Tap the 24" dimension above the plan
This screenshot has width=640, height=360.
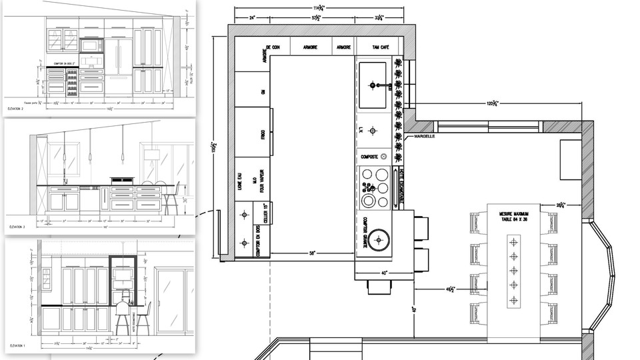(x=253, y=17)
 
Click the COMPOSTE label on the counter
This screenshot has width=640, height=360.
(x=369, y=157)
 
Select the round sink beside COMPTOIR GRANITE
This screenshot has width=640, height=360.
(x=380, y=238)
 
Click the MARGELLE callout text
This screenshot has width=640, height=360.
(x=425, y=136)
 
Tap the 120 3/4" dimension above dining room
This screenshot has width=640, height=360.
(x=493, y=104)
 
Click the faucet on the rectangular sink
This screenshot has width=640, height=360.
(x=377, y=85)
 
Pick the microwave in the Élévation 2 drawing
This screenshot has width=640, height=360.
(x=90, y=45)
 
